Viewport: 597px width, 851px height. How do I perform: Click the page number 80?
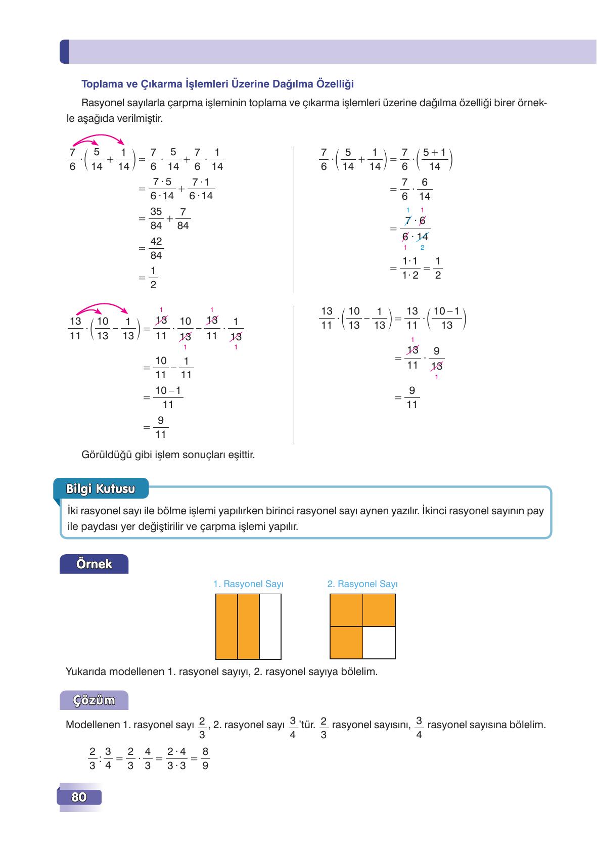point(79,797)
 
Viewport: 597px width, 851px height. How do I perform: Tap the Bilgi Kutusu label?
point(101,489)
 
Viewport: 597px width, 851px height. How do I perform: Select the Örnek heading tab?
point(94,564)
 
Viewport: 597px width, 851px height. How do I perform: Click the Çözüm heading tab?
point(94,700)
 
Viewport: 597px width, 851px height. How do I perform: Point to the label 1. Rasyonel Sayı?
point(248,584)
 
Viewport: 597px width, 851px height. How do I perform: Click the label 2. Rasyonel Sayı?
point(362,584)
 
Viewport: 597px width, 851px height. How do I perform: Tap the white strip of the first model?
point(270,626)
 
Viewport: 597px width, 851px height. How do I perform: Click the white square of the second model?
point(379,643)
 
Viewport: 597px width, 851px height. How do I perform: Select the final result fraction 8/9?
point(205,758)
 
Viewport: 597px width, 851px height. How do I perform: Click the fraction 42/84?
point(156,248)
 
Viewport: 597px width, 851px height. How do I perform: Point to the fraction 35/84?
point(156,218)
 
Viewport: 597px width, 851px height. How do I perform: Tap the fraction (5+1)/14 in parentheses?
point(434,159)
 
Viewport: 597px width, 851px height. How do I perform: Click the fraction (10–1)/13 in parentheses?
point(446,318)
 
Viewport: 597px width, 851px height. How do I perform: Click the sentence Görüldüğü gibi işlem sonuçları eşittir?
point(168,455)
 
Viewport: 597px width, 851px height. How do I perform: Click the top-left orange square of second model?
point(346,610)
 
